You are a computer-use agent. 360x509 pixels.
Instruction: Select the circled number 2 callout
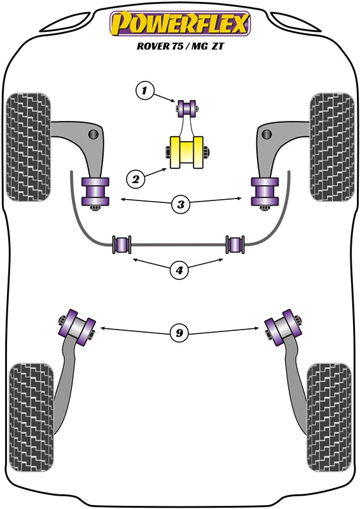pyautogui.click(x=135, y=179)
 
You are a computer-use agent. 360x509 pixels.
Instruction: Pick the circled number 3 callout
pyautogui.click(x=181, y=205)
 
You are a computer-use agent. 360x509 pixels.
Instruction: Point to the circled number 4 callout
pyautogui.click(x=180, y=270)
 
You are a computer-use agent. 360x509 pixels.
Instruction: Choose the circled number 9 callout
pyautogui.click(x=180, y=331)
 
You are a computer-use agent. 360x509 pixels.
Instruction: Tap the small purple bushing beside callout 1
pyautogui.click(x=188, y=108)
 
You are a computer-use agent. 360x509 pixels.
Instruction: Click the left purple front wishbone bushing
pyautogui.click(x=95, y=192)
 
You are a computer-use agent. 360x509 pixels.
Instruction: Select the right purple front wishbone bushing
pyautogui.click(x=265, y=192)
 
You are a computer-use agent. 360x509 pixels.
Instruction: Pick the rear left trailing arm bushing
pyautogui.click(x=76, y=325)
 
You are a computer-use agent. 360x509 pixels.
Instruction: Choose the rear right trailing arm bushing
pyautogui.click(x=283, y=325)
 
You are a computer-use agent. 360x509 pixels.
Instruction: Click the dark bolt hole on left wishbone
pyautogui.click(x=94, y=134)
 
